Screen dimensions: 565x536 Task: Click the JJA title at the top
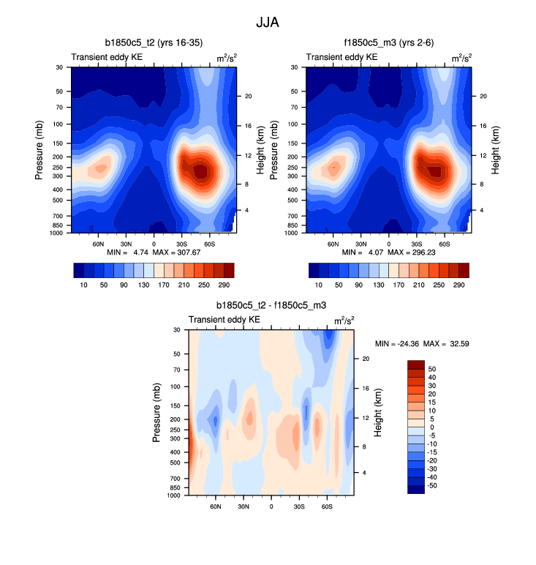point(268,22)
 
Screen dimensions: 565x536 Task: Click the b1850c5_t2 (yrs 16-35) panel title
point(154,42)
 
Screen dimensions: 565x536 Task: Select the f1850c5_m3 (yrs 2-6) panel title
point(388,42)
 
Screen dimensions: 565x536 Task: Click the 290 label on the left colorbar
point(224,283)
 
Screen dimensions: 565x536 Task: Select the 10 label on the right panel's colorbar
point(319,283)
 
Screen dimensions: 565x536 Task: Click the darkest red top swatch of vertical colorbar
point(415,364)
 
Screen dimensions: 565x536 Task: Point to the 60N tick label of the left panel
point(97,244)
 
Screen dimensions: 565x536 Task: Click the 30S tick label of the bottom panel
point(299,506)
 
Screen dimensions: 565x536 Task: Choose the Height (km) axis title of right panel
point(496,150)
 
